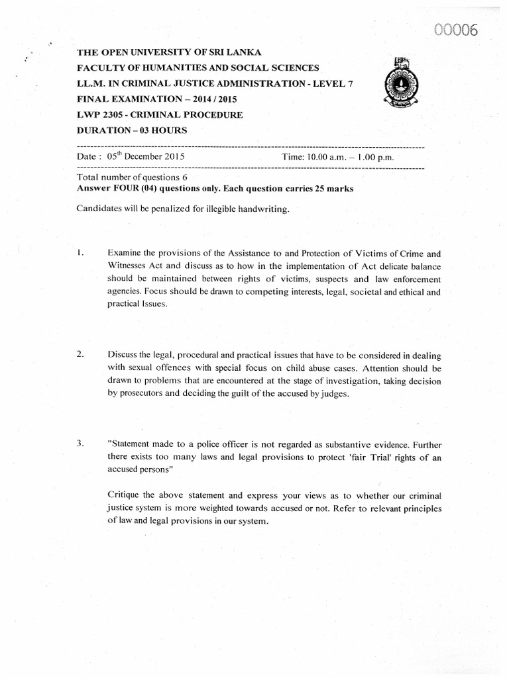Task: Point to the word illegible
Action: point(216,209)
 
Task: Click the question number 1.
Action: point(80,253)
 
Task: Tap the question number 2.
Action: point(80,354)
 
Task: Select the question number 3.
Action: point(80,444)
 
